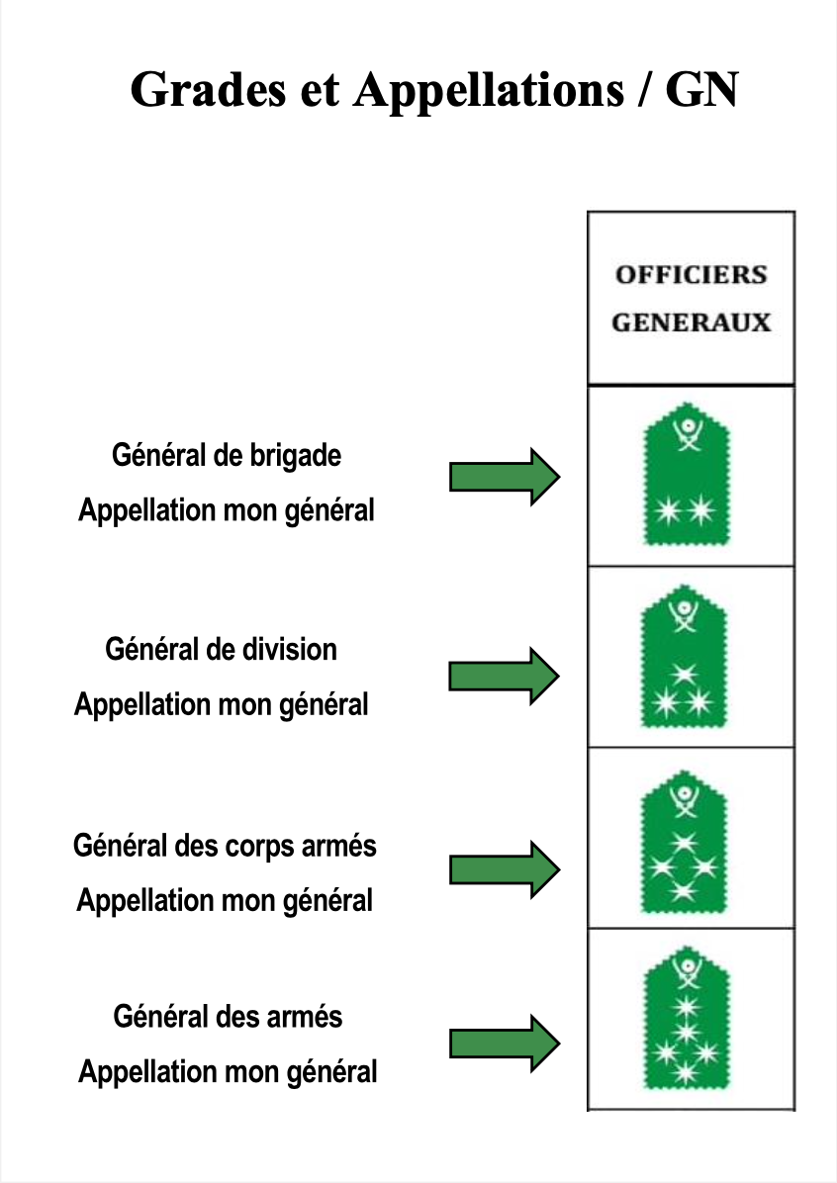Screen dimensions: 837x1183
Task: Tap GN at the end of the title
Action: pyautogui.click(x=701, y=90)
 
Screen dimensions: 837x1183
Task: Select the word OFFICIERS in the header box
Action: pyautogui.click(x=692, y=275)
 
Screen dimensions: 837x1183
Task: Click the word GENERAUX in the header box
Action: pyautogui.click(x=692, y=322)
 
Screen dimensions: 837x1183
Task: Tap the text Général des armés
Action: pyautogui.click(x=228, y=1017)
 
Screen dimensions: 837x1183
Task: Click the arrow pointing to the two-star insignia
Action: pyautogui.click(x=505, y=477)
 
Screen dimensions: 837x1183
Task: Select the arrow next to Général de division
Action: pyautogui.click(x=505, y=676)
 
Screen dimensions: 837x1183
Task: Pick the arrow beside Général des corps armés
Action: pyautogui.click(x=505, y=869)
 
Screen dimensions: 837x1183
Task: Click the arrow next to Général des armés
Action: pyautogui.click(x=505, y=1044)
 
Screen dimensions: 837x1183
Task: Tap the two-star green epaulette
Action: pyautogui.click(x=686, y=475)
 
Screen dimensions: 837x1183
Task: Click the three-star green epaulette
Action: pyautogui.click(x=684, y=657)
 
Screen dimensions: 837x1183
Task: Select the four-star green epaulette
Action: pyautogui.click(x=684, y=842)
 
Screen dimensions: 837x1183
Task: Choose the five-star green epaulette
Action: pyautogui.click(x=687, y=1017)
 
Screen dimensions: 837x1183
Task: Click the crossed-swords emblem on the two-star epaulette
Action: pyautogui.click(x=687, y=435)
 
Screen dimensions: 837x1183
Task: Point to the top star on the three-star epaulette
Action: pyautogui.click(x=684, y=673)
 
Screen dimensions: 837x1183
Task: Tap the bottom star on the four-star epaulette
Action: pyautogui.click(x=684, y=891)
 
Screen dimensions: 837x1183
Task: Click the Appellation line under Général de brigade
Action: pyautogui.click(x=227, y=511)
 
